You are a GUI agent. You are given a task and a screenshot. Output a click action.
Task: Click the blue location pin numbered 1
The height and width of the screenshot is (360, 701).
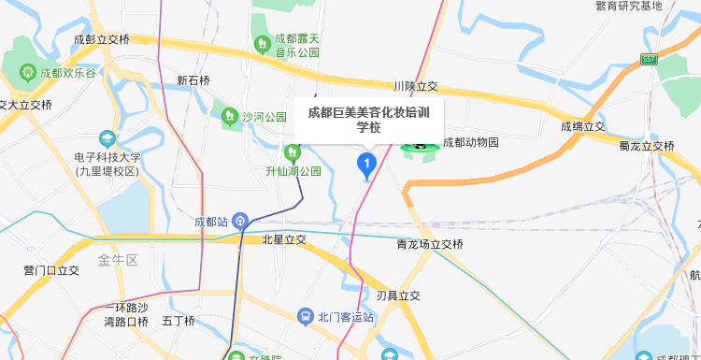[366, 166]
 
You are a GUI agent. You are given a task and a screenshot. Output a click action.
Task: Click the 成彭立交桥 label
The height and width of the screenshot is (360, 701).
[102, 39]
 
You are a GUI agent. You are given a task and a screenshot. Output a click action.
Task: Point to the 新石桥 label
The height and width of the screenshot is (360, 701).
[193, 81]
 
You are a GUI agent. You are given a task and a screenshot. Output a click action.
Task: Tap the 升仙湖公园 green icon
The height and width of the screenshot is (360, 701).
[291, 152]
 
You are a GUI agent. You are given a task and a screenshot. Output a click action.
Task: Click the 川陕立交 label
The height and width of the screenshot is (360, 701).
[416, 86]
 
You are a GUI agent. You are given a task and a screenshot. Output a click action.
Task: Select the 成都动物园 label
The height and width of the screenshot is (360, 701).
[471, 143]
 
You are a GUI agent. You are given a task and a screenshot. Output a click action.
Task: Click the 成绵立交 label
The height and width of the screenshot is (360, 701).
[583, 126]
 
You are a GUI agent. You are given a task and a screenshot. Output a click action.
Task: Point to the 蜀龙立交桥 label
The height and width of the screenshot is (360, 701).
[646, 146]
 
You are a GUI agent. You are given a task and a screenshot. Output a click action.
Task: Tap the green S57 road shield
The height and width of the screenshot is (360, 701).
[649, 59]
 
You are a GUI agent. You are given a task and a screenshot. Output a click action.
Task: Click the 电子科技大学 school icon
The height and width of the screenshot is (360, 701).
[107, 139]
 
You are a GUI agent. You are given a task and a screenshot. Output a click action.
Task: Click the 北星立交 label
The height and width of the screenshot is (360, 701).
[284, 240]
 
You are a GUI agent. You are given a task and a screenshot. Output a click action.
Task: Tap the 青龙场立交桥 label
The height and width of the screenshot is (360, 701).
[430, 244]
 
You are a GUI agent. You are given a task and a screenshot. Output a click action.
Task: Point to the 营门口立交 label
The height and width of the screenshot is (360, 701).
[51, 271]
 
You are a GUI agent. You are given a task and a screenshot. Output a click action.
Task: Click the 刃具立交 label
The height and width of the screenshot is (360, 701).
[398, 295]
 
